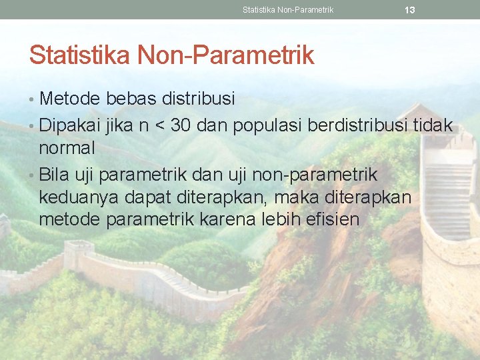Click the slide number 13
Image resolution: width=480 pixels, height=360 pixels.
coord(410,10)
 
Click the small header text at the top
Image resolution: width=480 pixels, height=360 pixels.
coord(288,10)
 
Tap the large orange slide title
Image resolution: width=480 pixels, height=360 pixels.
coord(171,55)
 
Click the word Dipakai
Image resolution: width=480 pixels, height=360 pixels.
coord(69,125)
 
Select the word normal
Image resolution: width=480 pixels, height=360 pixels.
coord(67,147)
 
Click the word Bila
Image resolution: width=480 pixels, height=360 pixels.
coord(55,175)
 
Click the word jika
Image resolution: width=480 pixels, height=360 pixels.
coord(118,125)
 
